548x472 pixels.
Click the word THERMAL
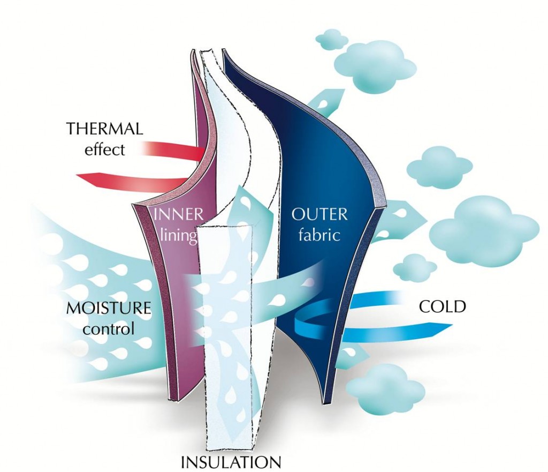(104, 129)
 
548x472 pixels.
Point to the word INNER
(178, 215)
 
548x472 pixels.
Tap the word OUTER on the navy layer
(319, 215)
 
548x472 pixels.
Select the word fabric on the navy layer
(320, 235)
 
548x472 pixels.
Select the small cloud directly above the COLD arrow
(410, 266)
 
